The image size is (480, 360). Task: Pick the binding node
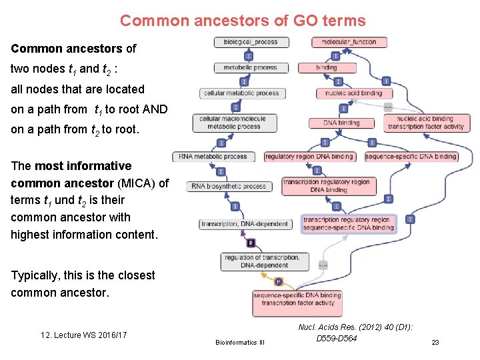tap(327, 67)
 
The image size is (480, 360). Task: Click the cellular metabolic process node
tap(241, 93)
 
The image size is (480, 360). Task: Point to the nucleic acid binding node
tap(354, 93)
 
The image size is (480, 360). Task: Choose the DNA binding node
tap(341, 123)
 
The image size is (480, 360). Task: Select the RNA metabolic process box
tap(213, 157)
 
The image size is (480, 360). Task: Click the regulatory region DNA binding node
tap(309, 157)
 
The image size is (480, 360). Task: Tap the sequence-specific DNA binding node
tap(411, 157)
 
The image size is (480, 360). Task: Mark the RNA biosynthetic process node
tap(229, 186)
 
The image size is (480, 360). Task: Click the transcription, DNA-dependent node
tap(245, 224)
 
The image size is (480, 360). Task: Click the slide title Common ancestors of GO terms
tap(243, 21)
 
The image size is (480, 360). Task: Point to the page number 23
tap(435, 342)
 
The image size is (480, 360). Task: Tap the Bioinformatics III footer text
tap(240, 342)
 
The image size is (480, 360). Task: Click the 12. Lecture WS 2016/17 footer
tap(84, 335)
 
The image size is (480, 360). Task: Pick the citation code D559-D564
tap(337, 339)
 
